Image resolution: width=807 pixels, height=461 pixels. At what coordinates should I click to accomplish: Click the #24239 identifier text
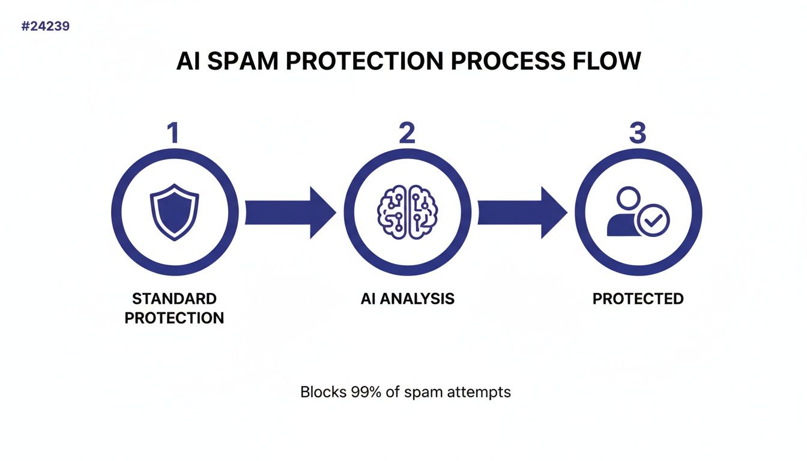click(45, 27)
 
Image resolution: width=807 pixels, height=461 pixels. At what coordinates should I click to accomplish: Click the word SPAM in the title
click(243, 62)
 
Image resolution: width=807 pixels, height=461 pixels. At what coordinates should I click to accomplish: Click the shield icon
click(174, 212)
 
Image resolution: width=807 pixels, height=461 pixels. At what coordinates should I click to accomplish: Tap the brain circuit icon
click(407, 212)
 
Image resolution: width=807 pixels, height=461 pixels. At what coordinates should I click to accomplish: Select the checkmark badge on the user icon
click(653, 221)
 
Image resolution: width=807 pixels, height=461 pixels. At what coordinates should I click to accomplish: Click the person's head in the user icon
click(629, 198)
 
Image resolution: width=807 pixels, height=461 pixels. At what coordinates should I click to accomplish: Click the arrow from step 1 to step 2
click(289, 212)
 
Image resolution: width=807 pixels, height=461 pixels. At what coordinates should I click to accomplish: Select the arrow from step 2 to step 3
click(521, 212)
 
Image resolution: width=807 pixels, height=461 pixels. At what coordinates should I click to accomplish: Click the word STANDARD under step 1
click(174, 299)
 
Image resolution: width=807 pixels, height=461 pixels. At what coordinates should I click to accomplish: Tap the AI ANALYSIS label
click(407, 299)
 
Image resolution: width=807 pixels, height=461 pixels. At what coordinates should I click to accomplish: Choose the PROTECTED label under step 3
click(638, 299)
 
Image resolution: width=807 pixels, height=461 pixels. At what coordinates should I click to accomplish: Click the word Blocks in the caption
click(323, 393)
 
